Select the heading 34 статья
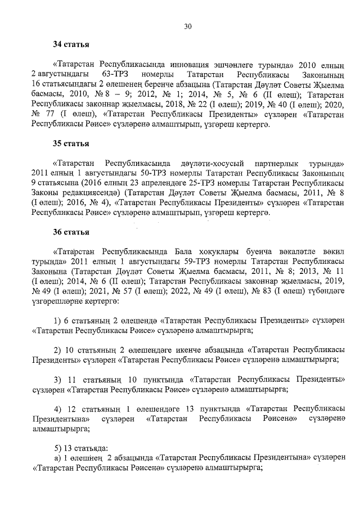70,44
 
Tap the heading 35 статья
70,143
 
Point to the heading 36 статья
70,232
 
